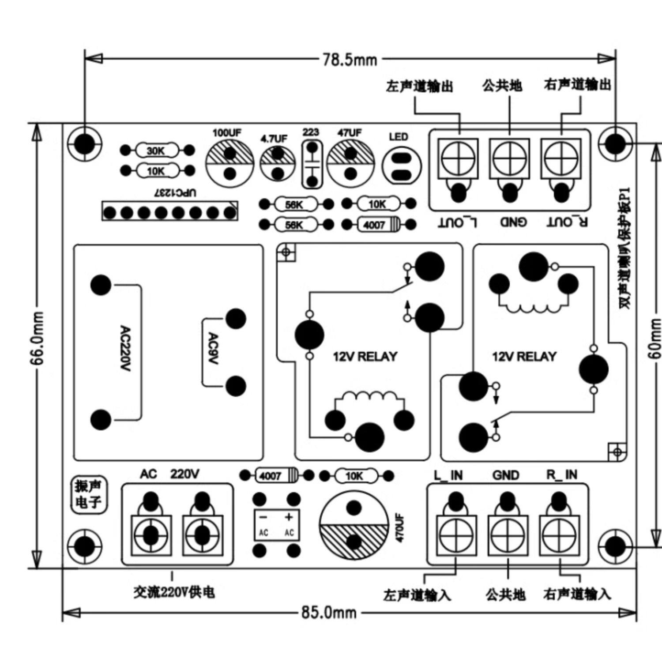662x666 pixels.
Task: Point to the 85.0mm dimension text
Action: pyautogui.click(x=329, y=613)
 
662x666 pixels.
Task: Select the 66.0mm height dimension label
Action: pyautogui.click(x=38, y=338)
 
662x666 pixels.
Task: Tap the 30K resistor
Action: pyautogui.click(x=156, y=151)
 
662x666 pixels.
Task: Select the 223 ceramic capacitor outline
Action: pyautogui.click(x=312, y=164)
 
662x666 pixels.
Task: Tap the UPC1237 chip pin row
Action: pyautogui.click(x=170, y=213)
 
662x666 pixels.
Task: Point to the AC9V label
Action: pyautogui.click(x=213, y=349)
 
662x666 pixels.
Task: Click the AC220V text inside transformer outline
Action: pyautogui.click(x=125, y=349)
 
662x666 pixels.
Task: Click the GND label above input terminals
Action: pyautogui.click(x=506, y=475)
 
